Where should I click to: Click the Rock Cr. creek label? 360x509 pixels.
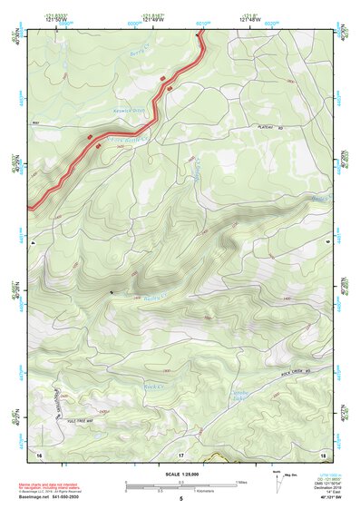click(152, 385)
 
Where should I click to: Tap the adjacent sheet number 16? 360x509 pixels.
click(38, 453)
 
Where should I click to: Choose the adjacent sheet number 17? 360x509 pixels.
click(181, 453)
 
